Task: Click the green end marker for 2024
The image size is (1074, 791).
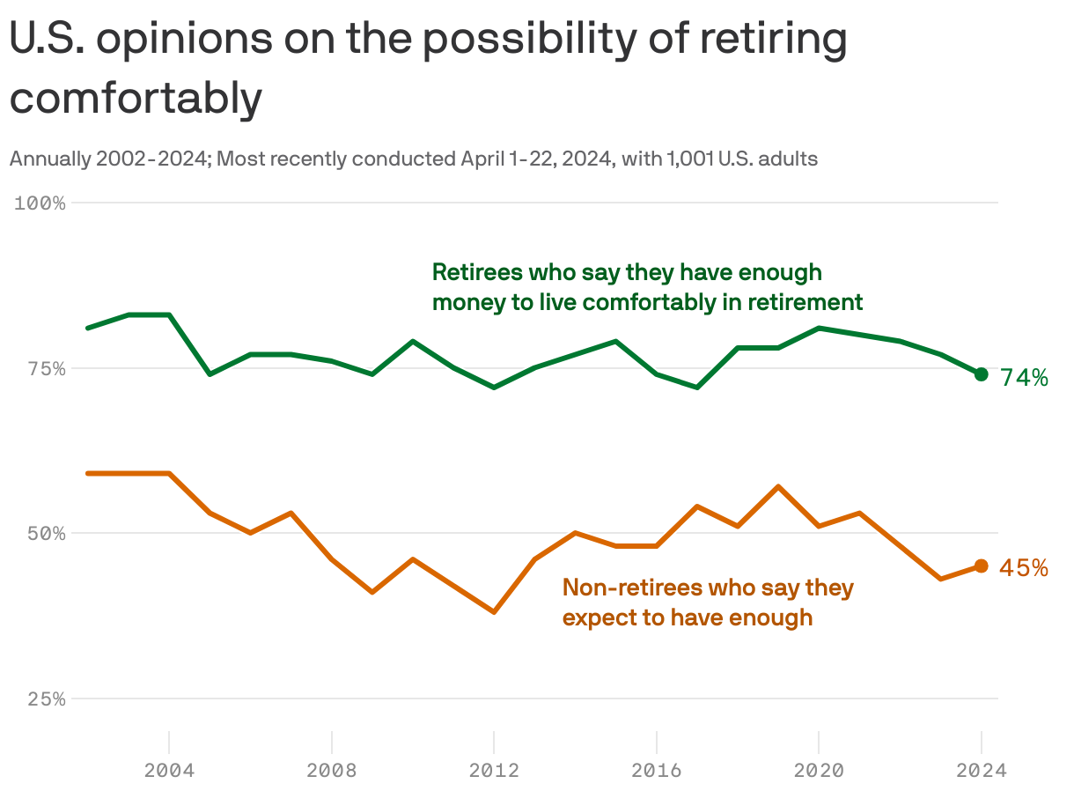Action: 981,374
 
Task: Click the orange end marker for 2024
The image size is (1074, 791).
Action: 981,566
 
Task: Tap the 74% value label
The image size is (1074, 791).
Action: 1024,378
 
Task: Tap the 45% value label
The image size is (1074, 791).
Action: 1024,568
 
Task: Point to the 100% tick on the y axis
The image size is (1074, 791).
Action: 40,203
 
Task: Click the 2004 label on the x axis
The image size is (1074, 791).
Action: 169,770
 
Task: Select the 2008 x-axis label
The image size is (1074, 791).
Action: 332,770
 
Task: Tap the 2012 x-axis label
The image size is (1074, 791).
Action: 494,770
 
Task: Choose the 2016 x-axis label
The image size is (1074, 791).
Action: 657,770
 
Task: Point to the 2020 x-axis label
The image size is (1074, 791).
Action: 819,770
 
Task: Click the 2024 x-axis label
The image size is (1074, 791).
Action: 981,770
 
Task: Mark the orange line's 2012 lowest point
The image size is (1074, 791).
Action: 494,611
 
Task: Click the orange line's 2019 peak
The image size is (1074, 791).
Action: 778,486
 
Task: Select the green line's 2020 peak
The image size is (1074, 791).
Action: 819,328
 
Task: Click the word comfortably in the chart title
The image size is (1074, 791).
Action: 136,98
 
